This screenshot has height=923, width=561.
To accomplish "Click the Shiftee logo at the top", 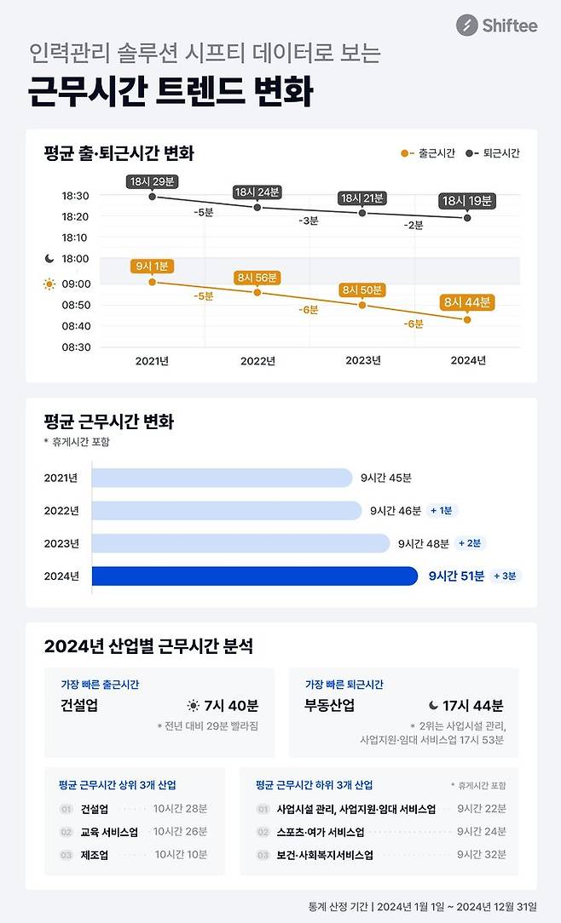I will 496,26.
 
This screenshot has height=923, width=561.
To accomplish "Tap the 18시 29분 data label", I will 152,181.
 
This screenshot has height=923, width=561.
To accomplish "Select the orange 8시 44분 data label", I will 467,301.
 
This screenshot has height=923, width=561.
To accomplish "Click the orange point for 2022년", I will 257,292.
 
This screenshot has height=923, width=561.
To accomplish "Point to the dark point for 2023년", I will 362,213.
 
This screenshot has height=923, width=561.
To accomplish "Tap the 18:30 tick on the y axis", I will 75,196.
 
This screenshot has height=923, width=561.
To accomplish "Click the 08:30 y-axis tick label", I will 75,347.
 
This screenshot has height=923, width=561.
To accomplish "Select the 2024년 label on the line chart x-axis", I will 467,361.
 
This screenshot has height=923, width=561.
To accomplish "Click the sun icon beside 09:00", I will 49,284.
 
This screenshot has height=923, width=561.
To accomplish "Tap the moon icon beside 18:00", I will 49,259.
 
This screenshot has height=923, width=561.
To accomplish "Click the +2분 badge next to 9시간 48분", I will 471,543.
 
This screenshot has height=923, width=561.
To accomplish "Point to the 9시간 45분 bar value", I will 385,479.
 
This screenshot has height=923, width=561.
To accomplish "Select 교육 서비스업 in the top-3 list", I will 109,832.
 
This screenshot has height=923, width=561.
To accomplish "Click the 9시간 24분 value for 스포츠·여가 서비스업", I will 481,832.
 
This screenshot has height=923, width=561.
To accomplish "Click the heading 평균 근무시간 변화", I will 109,422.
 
